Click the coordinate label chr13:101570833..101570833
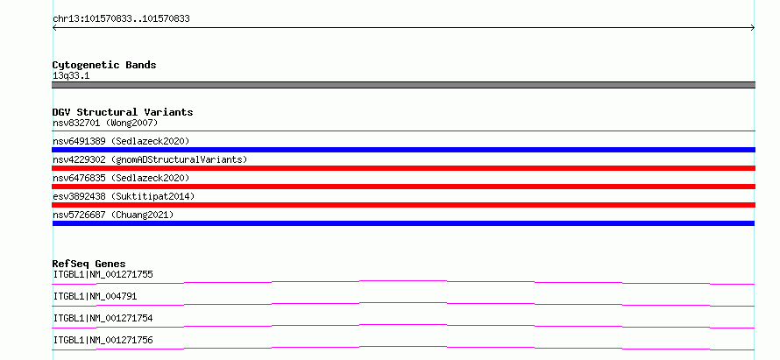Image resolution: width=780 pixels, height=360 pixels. coord(121,19)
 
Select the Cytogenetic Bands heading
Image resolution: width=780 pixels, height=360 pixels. coord(104,65)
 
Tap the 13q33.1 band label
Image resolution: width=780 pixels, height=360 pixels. coord(71,76)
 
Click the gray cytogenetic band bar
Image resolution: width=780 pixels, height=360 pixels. coord(403,85)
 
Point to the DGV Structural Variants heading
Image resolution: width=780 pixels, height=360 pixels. coord(123,112)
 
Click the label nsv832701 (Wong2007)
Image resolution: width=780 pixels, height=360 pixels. coord(105,123)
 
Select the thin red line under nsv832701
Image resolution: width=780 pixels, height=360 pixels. coord(403,131)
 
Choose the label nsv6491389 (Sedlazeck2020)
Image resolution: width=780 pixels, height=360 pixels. coord(121,141)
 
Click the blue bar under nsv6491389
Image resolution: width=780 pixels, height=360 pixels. coord(403,150)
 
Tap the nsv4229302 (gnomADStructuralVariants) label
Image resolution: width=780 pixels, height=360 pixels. coord(150,159)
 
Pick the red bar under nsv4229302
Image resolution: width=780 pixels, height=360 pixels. coord(403,168)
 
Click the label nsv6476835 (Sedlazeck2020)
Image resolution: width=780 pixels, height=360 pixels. coord(121,178)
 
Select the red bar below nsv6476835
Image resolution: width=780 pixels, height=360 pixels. coord(403,187)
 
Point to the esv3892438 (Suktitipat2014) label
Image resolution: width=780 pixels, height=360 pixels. coord(124,196)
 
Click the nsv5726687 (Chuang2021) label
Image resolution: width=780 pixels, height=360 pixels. coord(113,215)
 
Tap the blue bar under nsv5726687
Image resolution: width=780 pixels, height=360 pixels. coord(403,223)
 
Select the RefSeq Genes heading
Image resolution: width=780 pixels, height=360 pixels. coord(89,264)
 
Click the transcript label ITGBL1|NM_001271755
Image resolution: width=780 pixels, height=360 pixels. coord(103,274)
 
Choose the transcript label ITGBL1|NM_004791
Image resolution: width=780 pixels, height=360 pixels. coord(95,296)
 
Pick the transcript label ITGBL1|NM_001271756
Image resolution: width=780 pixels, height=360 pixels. coord(103,340)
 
